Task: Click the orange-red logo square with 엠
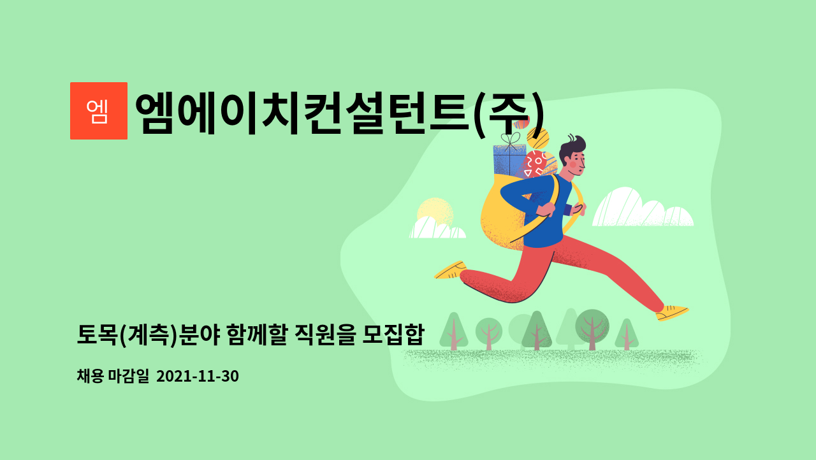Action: (99, 111)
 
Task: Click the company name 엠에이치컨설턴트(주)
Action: (340, 113)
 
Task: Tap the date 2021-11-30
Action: (198, 376)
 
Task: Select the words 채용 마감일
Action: (113, 376)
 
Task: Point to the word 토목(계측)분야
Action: (148, 334)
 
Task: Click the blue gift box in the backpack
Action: (509, 160)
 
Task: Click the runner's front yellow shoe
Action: (672, 313)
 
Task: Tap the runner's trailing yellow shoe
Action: (450, 270)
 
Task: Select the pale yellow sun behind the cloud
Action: (435, 212)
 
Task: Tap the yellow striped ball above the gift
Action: (538, 138)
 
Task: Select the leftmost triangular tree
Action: (453, 331)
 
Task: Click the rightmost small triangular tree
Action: (627, 334)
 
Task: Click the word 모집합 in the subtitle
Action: (393, 334)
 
